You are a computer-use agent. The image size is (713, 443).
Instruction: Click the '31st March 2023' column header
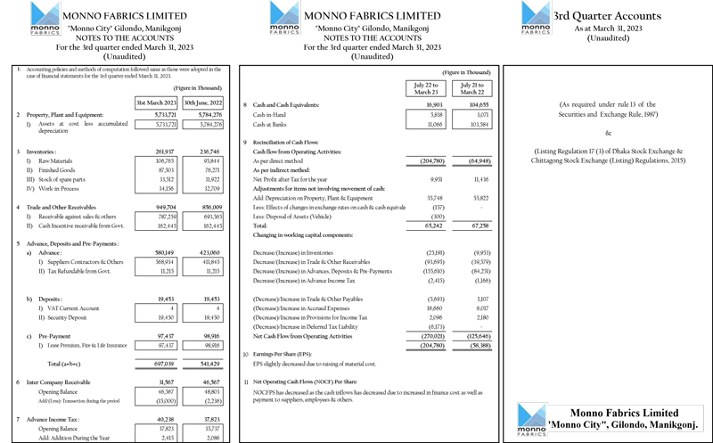pyautogui.click(x=155, y=103)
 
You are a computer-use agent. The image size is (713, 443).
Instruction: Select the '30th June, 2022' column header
pyautogui.click(x=204, y=103)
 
